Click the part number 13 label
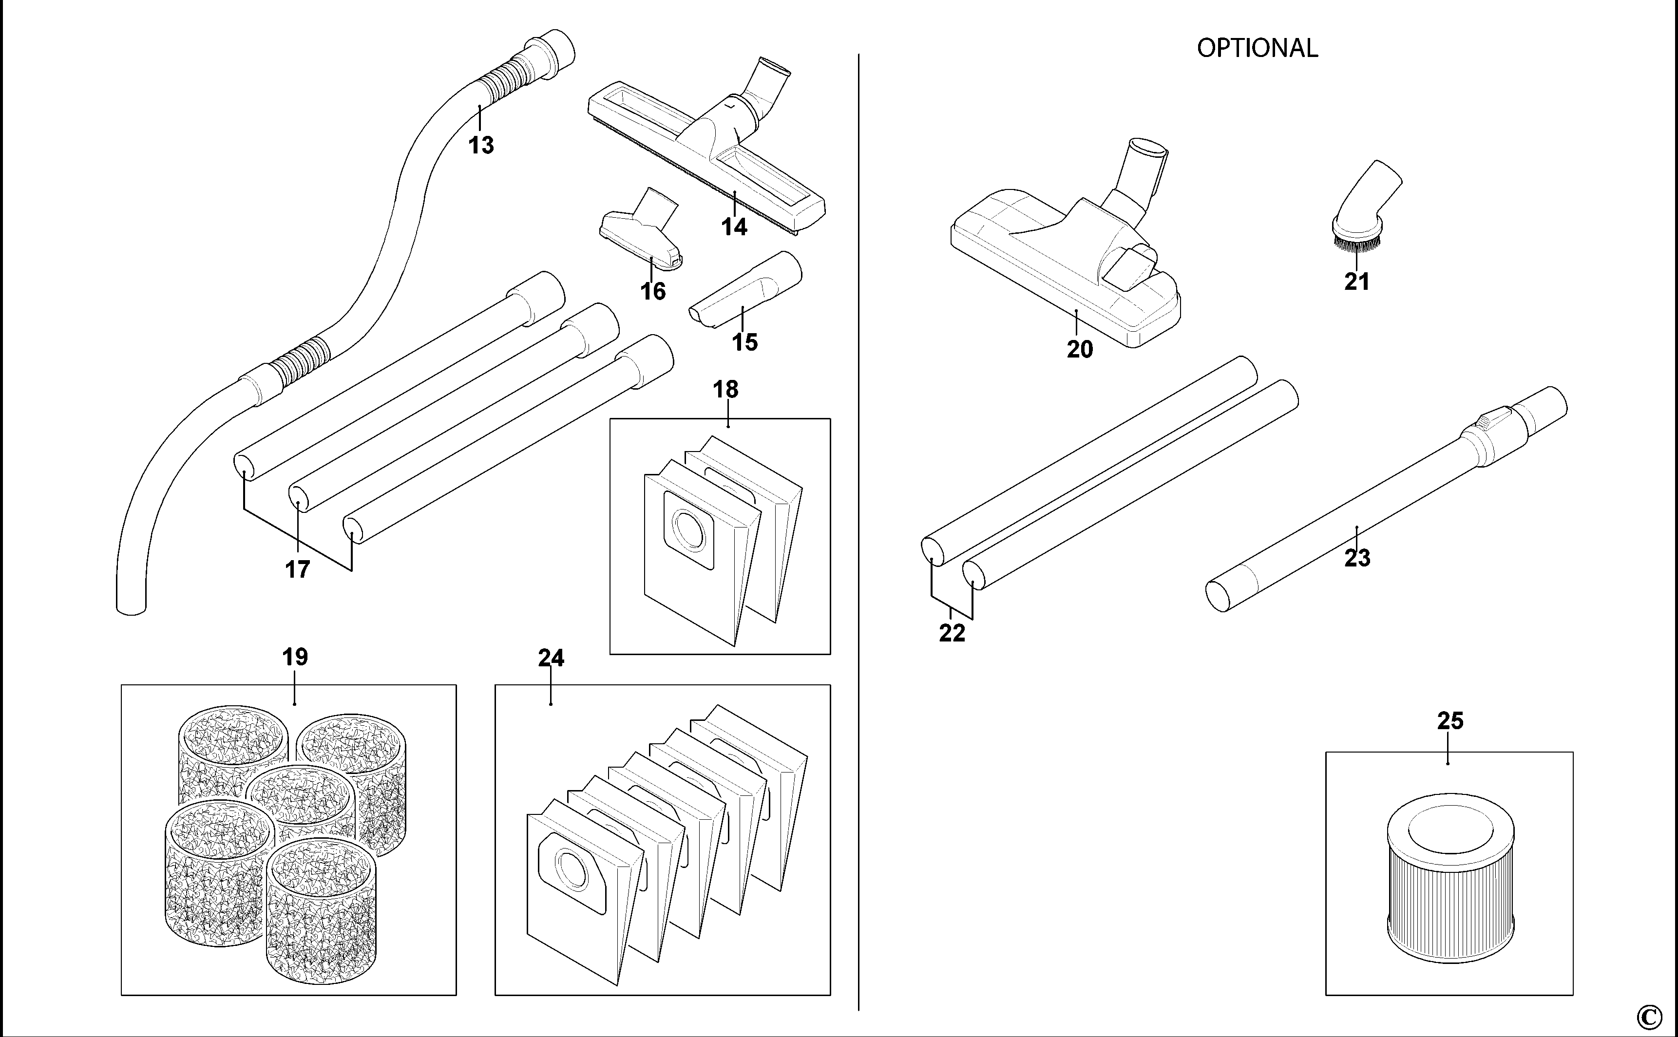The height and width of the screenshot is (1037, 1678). pos(481,146)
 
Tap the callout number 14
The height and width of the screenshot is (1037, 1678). pos(734,227)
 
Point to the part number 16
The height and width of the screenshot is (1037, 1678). pos(653,291)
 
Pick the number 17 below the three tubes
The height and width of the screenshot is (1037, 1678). pos(297,569)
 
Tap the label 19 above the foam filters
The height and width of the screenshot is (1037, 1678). pos(295,657)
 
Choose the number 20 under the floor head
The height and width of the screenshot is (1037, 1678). pos(1080,350)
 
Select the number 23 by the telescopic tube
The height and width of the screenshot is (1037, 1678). pos(1357,558)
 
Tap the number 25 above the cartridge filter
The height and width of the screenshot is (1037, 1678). pos(1450,721)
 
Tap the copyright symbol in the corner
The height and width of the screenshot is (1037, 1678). pos(1661,1017)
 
